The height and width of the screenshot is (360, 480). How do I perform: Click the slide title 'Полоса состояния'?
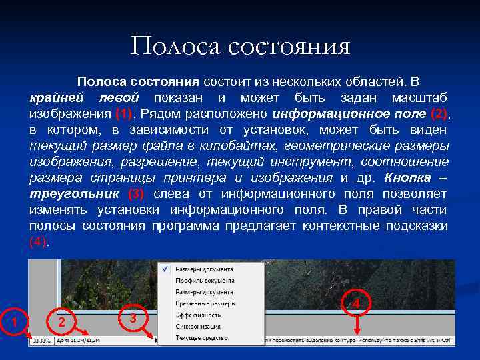240,46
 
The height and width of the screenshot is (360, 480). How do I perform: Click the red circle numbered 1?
13,322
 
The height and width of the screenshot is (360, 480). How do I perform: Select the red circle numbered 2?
61,322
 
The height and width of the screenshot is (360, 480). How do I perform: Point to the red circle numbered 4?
356,304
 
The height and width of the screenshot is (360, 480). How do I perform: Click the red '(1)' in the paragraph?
125,114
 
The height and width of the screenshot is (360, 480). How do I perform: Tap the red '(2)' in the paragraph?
439,114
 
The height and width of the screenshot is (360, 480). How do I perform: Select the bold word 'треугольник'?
73,194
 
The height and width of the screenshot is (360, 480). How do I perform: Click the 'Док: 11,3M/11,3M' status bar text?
80,341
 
